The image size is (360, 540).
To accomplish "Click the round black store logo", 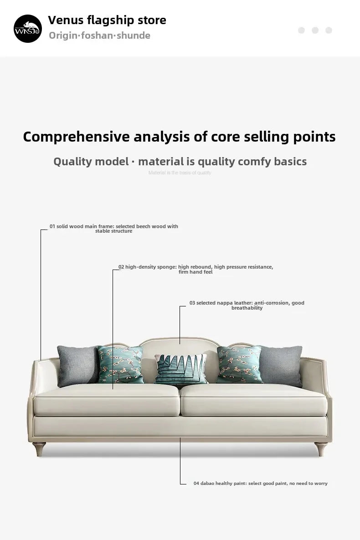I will pos(27,28).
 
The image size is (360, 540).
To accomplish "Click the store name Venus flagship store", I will pos(107,20).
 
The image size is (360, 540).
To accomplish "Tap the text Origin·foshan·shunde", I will pos(99,36).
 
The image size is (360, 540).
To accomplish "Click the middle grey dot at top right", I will pos(315,31).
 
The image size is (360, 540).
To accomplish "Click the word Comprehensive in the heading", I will pos(76,137).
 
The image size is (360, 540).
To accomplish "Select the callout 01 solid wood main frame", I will pos(114,229).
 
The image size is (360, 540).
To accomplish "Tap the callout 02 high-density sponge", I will pos(195,269).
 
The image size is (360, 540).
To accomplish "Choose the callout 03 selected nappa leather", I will pos(247,305).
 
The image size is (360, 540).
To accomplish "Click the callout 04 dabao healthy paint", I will pos(260,483).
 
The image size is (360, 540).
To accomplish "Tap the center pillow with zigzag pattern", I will pos(180,369).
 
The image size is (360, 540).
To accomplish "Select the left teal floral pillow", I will pos(120,364).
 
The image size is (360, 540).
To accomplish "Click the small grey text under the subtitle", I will pos(180,173).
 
